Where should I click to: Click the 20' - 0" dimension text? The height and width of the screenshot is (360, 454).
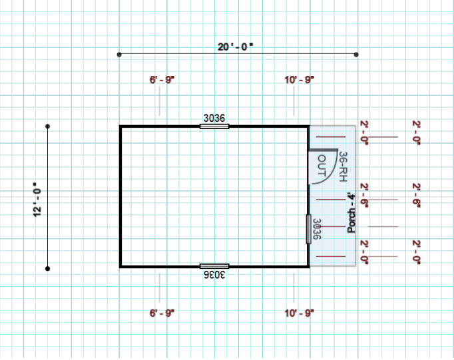click(x=235, y=47)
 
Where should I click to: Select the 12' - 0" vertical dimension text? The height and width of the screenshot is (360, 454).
click(x=37, y=200)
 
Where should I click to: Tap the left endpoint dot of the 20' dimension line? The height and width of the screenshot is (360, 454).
click(x=119, y=55)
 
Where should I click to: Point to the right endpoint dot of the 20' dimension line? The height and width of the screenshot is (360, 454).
click(x=356, y=55)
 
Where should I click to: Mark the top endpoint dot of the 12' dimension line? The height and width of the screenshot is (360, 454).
click(x=48, y=126)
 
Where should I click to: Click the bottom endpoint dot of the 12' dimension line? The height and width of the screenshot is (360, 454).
click(x=48, y=269)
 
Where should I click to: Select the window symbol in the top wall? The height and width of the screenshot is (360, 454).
click(x=214, y=126)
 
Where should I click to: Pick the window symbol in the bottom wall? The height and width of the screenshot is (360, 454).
click(x=214, y=266)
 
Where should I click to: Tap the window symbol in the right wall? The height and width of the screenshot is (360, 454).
click(x=309, y=229)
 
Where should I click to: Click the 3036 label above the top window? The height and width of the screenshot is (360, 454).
click(x=214, y=118)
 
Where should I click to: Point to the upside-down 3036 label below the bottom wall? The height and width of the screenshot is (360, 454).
click(x=214, y=275)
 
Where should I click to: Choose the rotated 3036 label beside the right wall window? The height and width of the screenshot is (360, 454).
click(x=317, y=229)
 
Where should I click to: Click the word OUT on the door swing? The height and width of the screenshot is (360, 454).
click(x=322, y=166)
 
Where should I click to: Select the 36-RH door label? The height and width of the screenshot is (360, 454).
click(x=343, y=166)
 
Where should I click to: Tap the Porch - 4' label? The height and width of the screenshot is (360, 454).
click(x=351, y=213)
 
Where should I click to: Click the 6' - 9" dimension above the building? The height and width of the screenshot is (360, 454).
click(x=162, y=80)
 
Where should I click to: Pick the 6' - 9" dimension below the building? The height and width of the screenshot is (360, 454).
click(x=162, y=313)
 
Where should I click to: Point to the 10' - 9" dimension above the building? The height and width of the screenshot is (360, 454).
click(x=300, y=80)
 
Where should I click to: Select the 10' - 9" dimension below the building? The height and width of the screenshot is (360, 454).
click(x=300, y=313)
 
